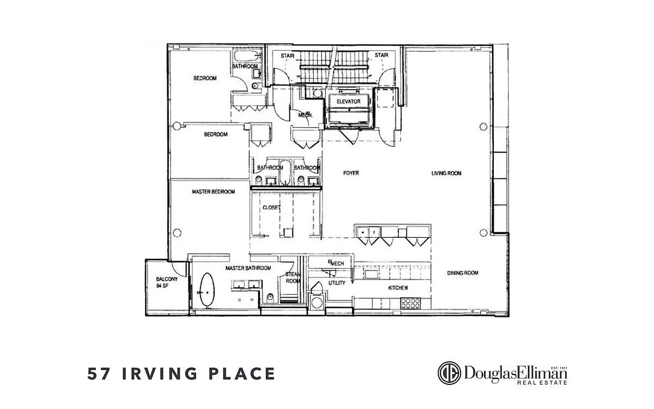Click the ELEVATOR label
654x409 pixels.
point(348,101)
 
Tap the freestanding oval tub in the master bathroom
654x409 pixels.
point(207,290)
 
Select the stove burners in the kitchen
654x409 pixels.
point(410,303)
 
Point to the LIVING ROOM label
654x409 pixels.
point(446,173)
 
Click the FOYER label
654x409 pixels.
point(351,173)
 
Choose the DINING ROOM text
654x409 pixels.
point(463,273)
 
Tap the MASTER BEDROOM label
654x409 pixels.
point(214,191)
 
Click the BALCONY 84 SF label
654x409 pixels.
point(167,282)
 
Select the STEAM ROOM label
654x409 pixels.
point(293,278)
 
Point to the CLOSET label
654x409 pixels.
point(271,207)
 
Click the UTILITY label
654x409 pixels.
point(337,283)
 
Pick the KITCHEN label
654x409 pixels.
point(398,288)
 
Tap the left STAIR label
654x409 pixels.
point(288,56)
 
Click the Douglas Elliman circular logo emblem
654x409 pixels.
point(449,373)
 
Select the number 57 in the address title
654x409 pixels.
point(99,374)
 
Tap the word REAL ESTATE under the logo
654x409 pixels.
point(542,382)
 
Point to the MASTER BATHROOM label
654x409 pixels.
point(248,268)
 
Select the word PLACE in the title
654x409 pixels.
point(243,374)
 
